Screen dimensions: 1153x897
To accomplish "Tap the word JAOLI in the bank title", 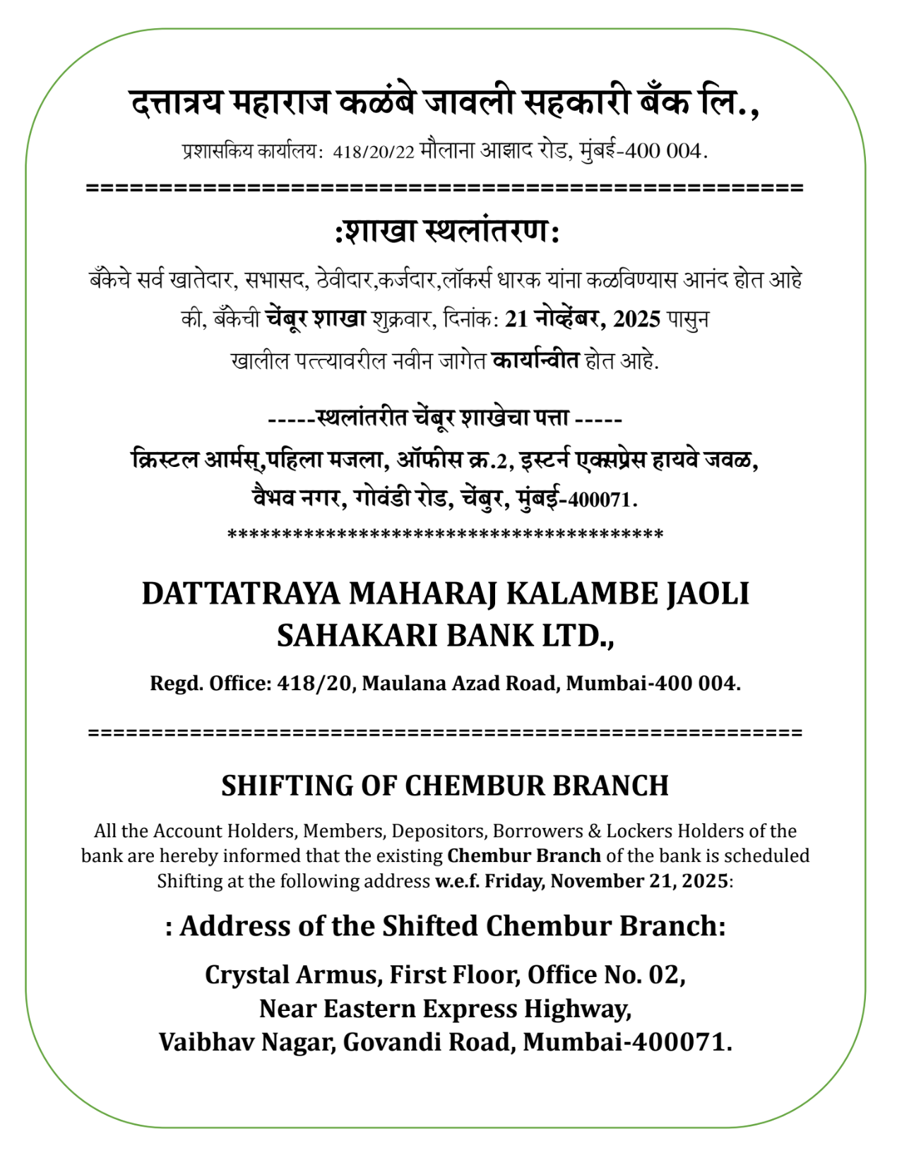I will (708, 593).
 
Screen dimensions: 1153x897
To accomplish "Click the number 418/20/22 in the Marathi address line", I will (374, 152).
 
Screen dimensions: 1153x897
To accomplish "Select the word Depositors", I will (439, 832).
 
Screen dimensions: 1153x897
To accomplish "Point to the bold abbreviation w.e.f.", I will (457, 882).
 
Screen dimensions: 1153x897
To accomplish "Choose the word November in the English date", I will (586, 882).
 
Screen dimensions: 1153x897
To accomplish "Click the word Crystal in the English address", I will (246, 976).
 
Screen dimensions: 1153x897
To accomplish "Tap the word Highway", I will (577, 1009).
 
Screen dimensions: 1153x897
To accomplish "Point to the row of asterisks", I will (445, 535).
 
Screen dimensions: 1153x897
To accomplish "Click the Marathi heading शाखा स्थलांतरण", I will (447, 232).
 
